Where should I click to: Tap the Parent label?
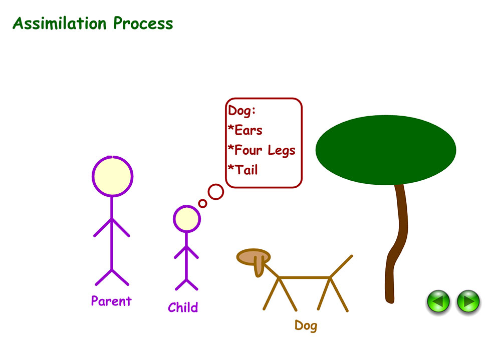(111, 301)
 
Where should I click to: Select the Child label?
(182, 307)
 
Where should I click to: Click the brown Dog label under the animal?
(306, 326)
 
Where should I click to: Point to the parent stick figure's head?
(112, 177)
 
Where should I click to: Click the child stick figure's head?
(186, 219)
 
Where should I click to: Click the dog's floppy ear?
(259, 266)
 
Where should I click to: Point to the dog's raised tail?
(342, 265)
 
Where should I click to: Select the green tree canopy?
(385, 149)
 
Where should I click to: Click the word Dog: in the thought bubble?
(242, 111)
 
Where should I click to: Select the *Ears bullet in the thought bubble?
(245, 130)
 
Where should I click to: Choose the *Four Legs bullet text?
(261, 150)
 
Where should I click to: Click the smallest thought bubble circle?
(202, 203)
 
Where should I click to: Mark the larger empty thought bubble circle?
(216, 192)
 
